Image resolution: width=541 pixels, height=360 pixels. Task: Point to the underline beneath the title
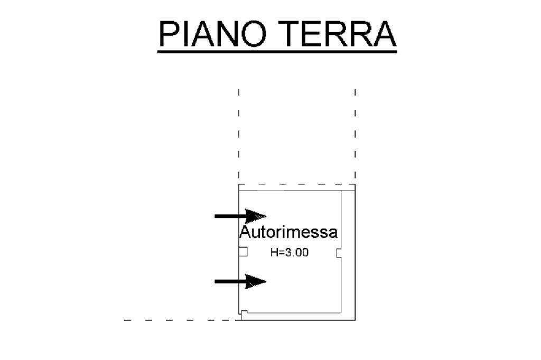pos(277,51)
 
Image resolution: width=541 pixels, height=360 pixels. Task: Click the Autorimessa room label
pos(288,232)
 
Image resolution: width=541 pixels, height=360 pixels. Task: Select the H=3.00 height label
pos(289,253)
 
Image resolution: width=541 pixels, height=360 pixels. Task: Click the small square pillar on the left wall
pos(243,252)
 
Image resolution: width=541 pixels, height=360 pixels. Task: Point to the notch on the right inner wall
pos(338,253)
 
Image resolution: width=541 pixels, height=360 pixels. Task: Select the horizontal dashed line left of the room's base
pos(180,320)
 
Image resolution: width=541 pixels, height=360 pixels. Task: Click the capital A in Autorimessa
pos(245,232)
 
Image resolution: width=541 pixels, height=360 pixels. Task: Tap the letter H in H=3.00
pos(274,253)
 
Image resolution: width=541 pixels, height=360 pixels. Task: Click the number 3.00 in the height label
pos(297,253)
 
